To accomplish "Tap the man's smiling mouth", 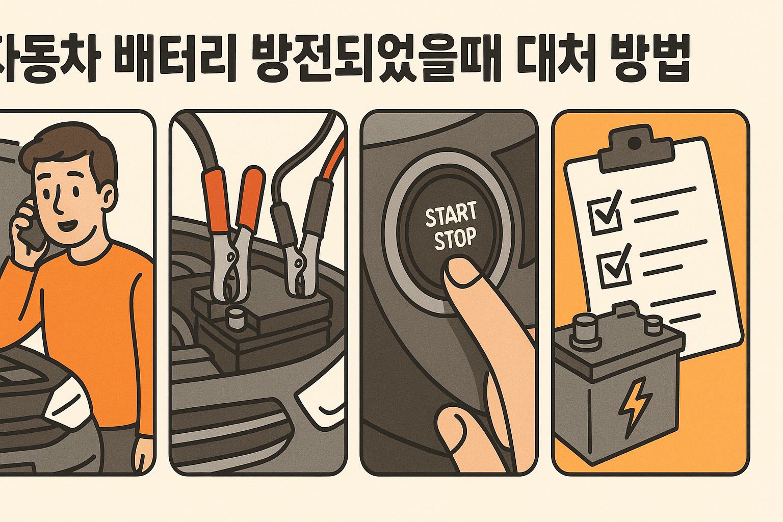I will tap(68, 225).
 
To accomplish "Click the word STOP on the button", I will tap(455, 239).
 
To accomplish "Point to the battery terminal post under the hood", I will tap(236, 319).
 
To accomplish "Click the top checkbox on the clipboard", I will tap(605, 214).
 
